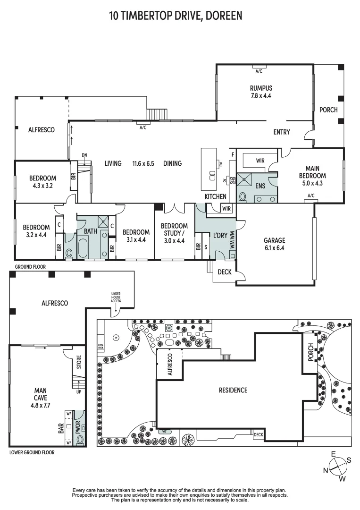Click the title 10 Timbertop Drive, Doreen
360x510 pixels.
[x=176, y=16]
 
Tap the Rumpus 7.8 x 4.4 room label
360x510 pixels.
[x=261, y=92]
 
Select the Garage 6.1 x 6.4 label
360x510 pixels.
[x=274, y=244]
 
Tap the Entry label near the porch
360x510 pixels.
[x=282, y=132]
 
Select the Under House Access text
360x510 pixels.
[x=116, y=297]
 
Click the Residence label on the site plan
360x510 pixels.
[x=233, y=390]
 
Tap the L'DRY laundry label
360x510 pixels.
[x=220, y=235]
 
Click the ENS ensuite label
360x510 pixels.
[x=260, y=186]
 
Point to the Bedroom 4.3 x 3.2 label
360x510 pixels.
[x=42, y=182]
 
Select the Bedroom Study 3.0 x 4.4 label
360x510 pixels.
[x=174, y=233]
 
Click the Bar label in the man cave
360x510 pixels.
[x=61, y=428]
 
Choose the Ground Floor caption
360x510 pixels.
[x=30, y=267]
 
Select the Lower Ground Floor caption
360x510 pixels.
[x=32, y=452]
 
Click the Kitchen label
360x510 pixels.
[x=215, y=196]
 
